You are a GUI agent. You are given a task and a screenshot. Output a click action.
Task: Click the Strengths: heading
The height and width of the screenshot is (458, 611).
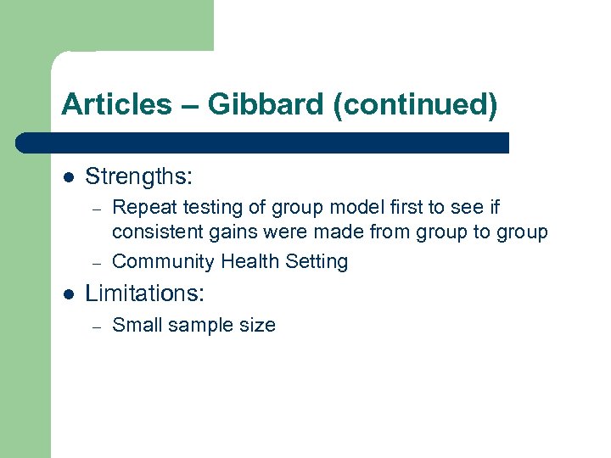139,176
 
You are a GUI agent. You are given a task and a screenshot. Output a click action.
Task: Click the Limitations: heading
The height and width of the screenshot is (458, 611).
145,293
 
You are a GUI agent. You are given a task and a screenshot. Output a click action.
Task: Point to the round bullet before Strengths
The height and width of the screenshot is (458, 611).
68,177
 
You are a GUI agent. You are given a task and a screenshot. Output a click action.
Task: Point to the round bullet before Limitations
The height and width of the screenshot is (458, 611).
68,293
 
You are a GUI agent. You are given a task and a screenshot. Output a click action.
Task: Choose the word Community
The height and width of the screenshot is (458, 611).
163,261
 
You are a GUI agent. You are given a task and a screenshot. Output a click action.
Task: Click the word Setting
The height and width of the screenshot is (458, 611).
317,261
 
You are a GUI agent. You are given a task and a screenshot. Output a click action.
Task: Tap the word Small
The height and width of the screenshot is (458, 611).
136,325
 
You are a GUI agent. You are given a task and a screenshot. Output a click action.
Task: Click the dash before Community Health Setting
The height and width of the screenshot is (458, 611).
98,262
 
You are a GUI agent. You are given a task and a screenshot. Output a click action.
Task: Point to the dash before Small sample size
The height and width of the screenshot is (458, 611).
98,326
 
